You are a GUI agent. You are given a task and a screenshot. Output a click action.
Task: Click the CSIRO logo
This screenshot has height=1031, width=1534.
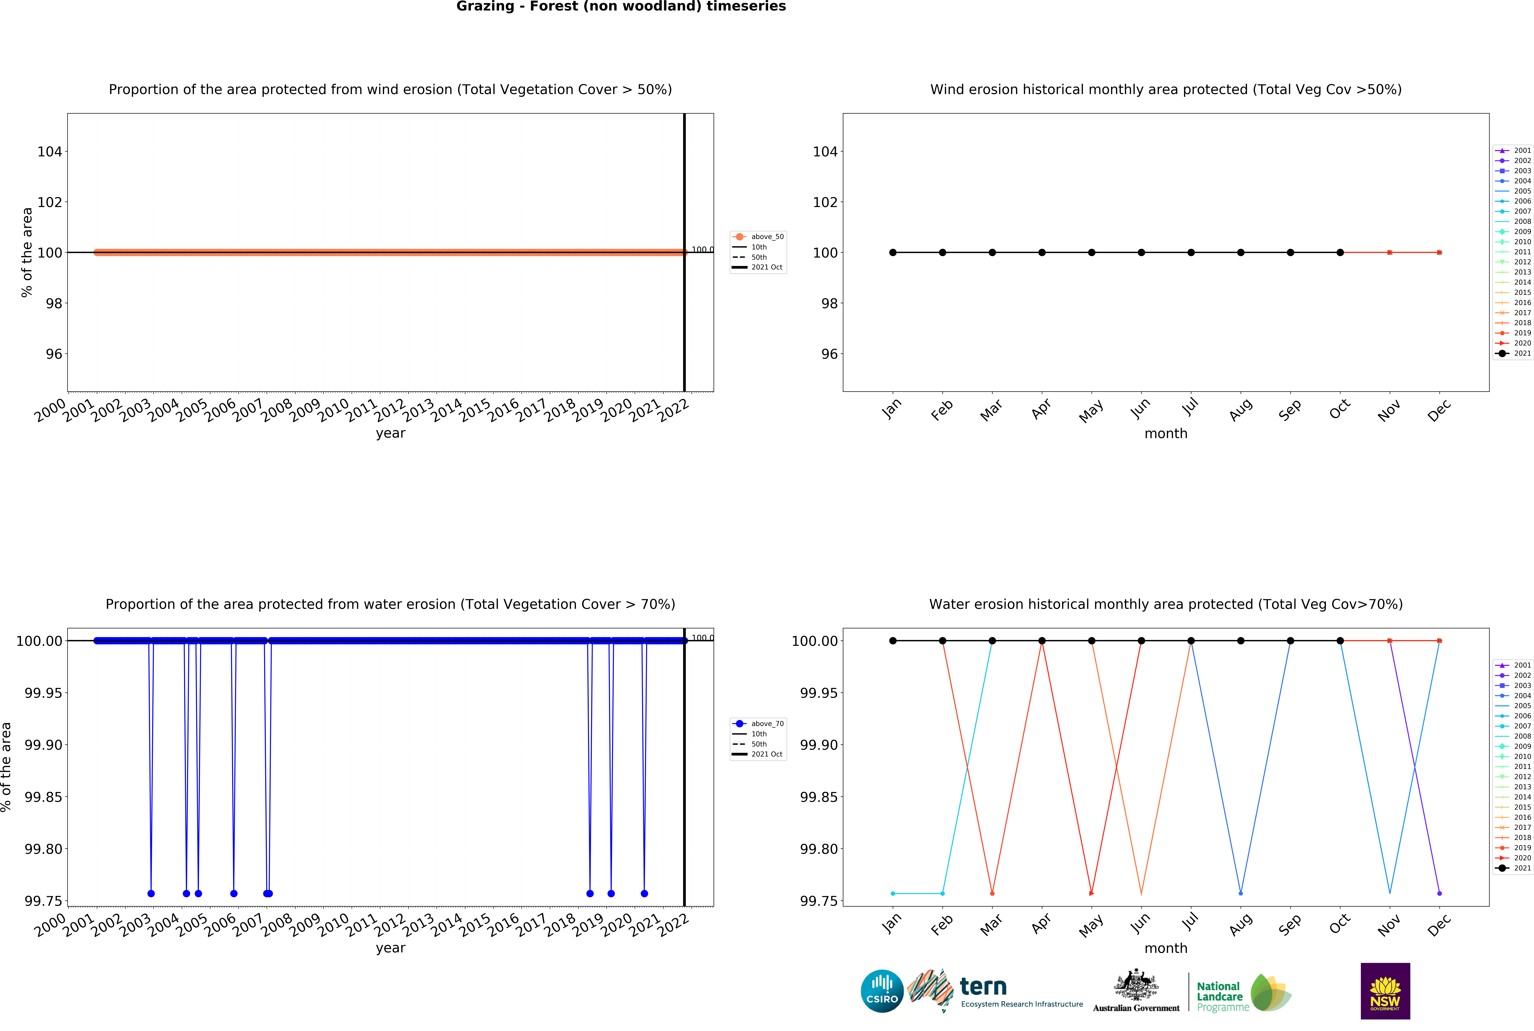(882, 991)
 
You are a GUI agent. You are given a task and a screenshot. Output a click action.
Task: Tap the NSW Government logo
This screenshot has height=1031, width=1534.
(1385, 991)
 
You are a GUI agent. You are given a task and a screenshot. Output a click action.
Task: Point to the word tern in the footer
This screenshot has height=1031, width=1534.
(983, 987)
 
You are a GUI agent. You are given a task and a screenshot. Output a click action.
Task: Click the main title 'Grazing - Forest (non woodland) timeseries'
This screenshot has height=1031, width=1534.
(621, 7)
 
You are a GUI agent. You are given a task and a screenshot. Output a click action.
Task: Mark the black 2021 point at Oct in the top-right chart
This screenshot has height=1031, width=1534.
(1340, 253)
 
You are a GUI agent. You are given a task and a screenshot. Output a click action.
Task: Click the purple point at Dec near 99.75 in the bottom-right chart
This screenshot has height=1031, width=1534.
(1439, 894)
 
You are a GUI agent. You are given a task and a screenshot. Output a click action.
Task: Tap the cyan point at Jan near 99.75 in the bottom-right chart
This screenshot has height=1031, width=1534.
(893, 894)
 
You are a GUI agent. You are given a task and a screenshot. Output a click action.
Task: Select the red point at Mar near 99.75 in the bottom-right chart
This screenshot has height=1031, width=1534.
(992, 894)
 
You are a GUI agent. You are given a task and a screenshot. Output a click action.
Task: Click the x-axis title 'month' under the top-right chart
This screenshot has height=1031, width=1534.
(1166, 433)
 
